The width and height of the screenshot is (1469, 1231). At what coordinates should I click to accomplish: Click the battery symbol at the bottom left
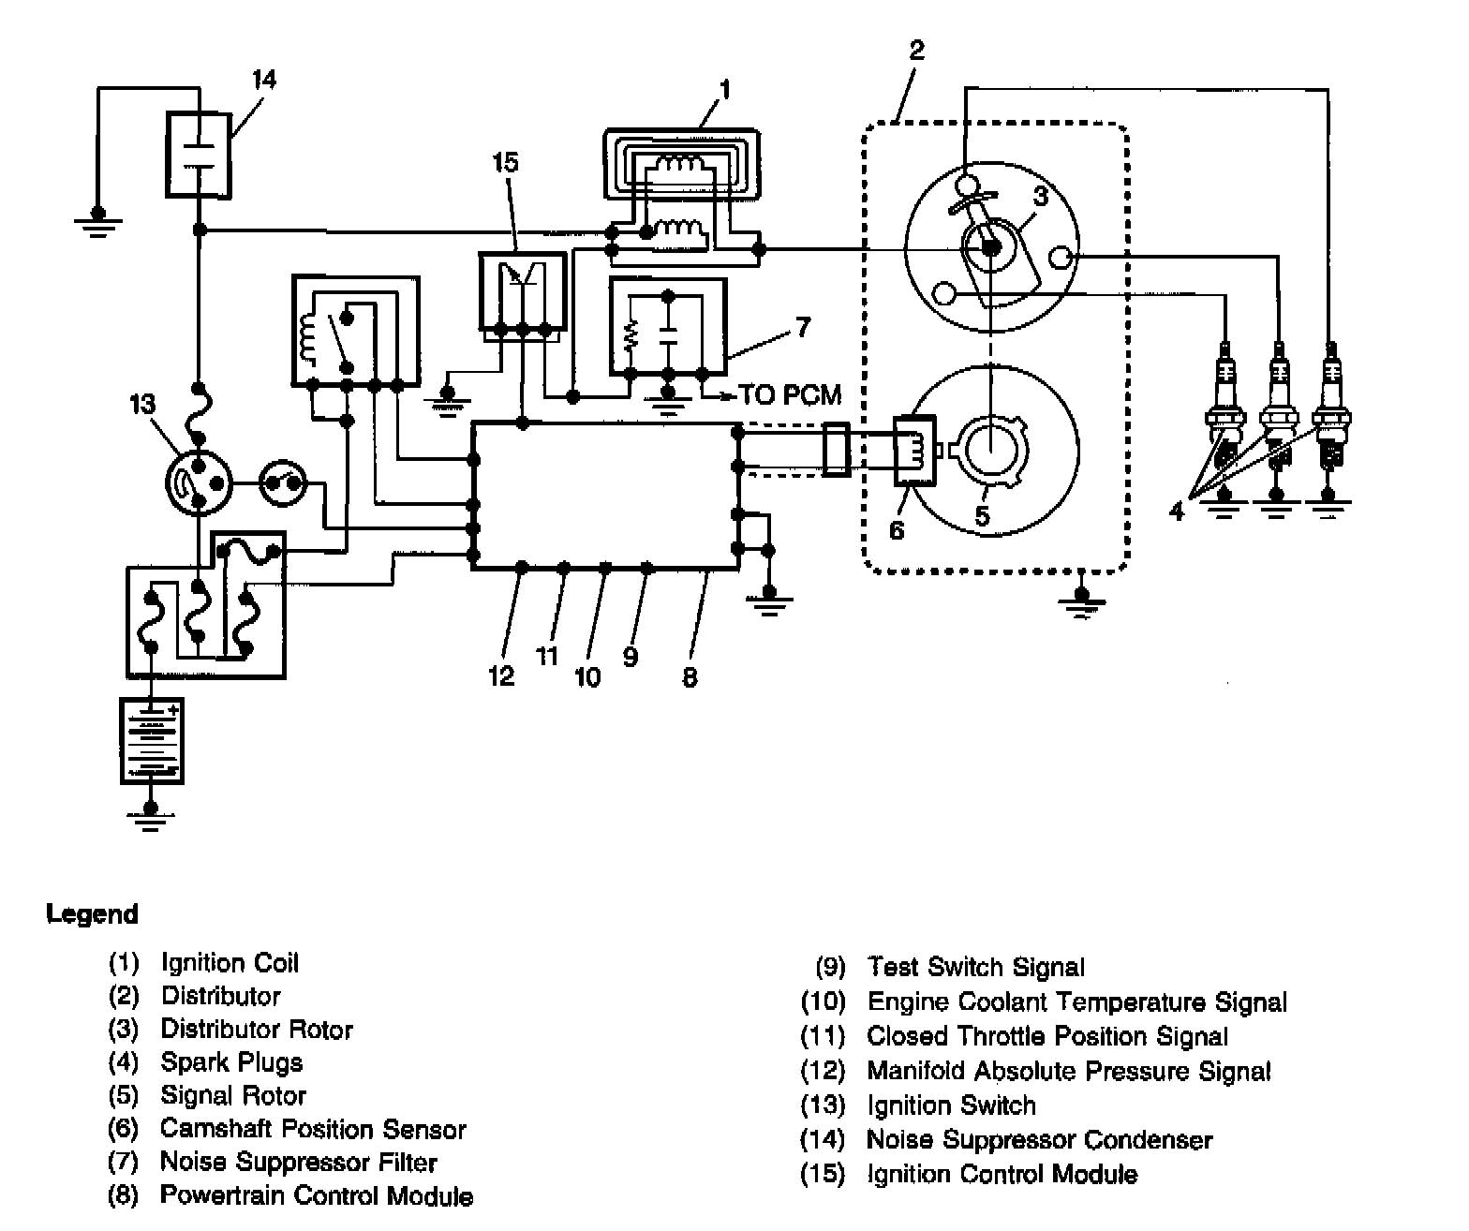tap(152, 741)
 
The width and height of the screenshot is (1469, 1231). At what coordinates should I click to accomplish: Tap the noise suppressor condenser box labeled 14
tap(199, 155)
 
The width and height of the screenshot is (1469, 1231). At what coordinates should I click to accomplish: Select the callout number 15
tap(505, 162)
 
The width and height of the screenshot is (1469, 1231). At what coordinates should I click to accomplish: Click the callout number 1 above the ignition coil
tap(725, 89)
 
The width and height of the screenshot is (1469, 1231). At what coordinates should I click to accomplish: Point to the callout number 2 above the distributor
tap(916, 50)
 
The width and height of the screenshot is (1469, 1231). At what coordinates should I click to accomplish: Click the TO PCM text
tap(790, 394)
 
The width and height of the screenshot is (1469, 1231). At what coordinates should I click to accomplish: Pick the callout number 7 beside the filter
tap(803, 327)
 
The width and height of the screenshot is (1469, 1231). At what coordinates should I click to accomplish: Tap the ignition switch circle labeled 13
tap(200, 483)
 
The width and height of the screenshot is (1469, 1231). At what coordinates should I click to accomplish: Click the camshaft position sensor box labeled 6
tap(914, 451)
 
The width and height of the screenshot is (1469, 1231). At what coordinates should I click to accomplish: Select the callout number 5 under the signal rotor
tap(982, 515)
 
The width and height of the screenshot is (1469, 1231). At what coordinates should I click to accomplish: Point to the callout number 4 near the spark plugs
tap(1177, 512)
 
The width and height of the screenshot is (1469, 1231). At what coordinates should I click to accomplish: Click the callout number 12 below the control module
tap(501, 676)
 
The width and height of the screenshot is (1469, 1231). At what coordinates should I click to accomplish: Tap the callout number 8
tap(690, 676)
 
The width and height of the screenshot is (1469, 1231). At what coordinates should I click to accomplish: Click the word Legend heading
tap(92, 913)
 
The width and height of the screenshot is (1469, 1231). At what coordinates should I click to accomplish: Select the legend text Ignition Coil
tap(230, 962)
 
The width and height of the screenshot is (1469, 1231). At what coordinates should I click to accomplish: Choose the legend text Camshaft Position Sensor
tap(313, 1129)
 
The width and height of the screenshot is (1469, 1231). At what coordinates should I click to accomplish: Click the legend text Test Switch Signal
tap(976, 967)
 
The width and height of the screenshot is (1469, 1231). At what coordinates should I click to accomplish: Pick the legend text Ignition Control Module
tap(1002, 1174)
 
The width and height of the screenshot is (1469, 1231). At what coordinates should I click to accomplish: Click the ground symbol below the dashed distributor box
tap(1082, 604)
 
